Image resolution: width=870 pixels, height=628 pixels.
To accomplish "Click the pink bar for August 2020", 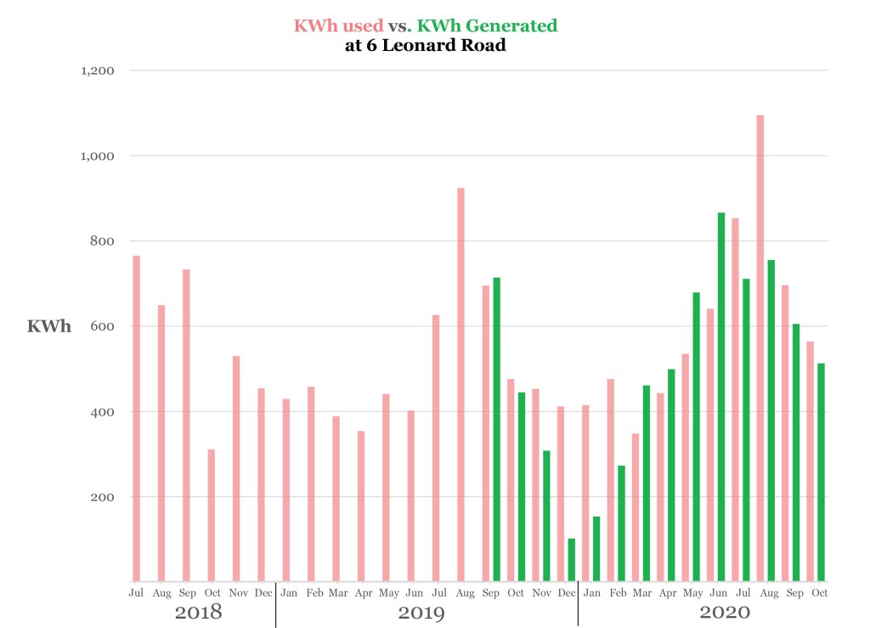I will (760, 348).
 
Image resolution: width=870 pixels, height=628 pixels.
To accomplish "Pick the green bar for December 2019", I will (572, 560).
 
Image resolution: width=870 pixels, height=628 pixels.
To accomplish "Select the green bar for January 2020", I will (596, 549).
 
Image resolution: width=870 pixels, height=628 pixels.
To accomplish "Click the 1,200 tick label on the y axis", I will (98, 71).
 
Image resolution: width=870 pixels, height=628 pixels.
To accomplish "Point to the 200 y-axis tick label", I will (104, 497).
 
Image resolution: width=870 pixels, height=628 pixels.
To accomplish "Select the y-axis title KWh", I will (49, 326).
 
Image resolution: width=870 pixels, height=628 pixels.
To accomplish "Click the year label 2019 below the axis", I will (422, 612).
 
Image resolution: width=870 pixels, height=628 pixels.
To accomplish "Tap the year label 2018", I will (198, 612).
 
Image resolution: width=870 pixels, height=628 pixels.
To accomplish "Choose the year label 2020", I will (725, 612).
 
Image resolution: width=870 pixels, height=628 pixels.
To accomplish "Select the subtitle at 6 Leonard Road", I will (426, 46).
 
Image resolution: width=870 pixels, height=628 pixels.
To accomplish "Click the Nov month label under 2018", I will (238, 592).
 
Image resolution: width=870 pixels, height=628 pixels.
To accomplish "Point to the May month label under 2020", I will (693, 592).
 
